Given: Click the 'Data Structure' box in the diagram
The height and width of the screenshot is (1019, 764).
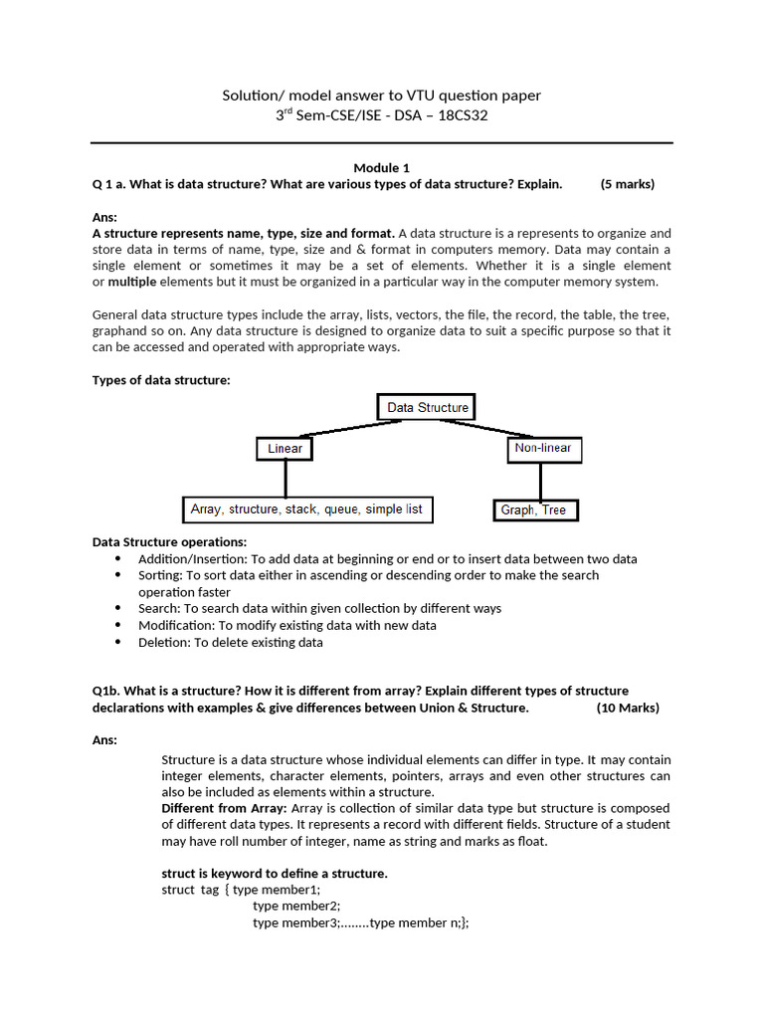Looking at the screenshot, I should (x=427, y=407).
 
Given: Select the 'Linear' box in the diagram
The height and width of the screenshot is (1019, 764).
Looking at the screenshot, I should (x=285, y=449).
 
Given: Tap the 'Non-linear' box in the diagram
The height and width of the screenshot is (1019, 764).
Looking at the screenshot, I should (x=542, y=449).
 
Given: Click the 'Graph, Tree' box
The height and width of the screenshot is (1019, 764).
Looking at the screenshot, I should (x=534, y=509).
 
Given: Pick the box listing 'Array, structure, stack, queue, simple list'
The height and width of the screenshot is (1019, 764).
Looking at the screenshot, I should (x=306, y=509).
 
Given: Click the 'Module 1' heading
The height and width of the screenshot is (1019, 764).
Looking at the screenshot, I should (x=381, y=167).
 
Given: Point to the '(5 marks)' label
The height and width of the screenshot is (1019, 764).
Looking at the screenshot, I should (x=628, y=184).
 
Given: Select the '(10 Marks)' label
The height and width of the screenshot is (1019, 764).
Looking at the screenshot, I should (x=628, y=708).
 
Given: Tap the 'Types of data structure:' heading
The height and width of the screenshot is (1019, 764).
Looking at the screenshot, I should (x=161, y=379).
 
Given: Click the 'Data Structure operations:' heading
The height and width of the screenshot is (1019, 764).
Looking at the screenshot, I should (x=170, y=541).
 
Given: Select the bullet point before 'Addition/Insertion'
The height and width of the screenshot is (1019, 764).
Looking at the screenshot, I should (x=117, y=559).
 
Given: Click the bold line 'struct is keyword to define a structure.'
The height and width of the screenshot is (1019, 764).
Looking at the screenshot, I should (x=274, y=873).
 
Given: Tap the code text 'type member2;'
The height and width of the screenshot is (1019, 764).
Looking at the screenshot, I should (x=296, y=906).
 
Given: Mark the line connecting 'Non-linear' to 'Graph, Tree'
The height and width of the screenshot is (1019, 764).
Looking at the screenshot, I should (x=540, y=482).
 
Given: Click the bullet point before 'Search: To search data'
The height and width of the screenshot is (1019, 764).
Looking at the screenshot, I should (x=117, y=608).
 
